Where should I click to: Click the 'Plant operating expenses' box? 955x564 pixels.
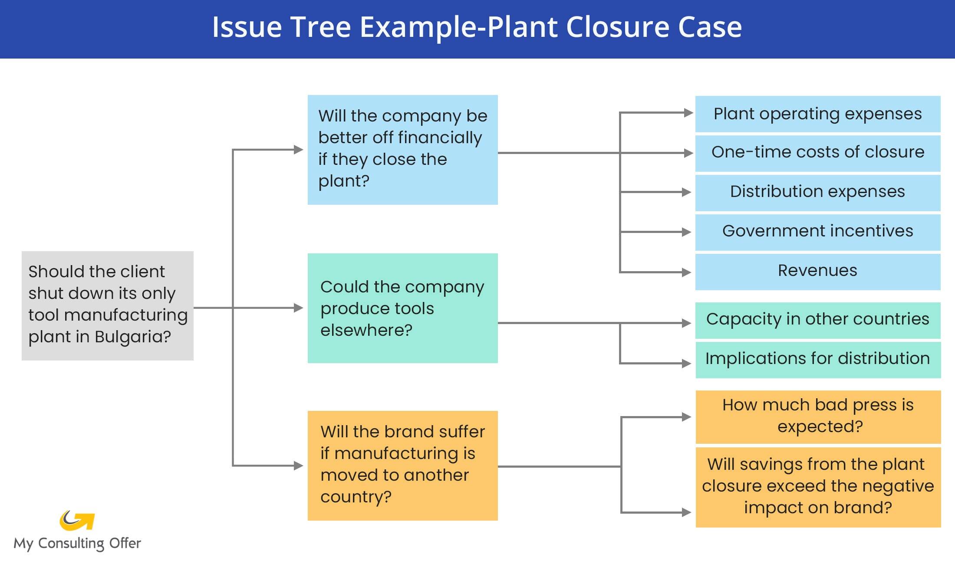(817, 114)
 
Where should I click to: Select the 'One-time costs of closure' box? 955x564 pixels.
(817, 153)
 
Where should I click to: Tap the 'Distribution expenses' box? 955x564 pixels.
(817, 192)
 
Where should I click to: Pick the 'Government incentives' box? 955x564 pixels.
(817, 232)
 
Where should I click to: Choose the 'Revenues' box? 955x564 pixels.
(817, 271)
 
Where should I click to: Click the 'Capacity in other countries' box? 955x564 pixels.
(817, 320)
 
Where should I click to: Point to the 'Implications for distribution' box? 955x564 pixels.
(817, 359)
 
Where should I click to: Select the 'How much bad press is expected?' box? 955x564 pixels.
(818, 416)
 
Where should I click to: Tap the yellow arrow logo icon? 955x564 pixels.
(77, 520)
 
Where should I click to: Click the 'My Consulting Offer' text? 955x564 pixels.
(77, 544)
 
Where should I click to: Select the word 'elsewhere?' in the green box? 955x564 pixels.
(366, 331)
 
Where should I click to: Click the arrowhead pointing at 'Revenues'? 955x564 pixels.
(686, 272)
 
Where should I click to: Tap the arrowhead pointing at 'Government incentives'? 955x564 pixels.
(686, 232)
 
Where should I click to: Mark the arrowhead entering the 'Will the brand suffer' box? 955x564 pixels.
(298, 466)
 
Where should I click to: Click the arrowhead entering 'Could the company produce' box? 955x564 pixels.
(298, 308)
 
